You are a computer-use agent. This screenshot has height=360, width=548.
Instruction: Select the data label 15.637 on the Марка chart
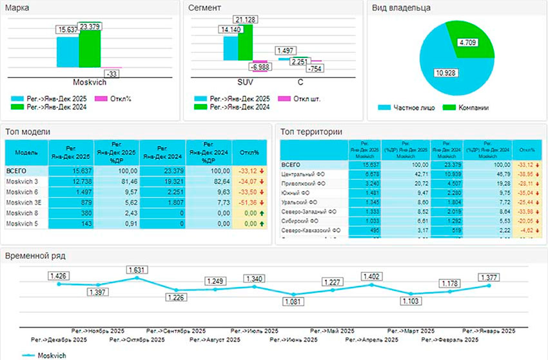pos(67,30)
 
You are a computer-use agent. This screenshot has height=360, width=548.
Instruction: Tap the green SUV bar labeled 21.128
pos(245,43)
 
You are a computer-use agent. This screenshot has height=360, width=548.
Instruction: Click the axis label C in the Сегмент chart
pos(300,83)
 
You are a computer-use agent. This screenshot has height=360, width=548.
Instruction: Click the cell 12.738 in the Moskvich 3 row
pos(71,182)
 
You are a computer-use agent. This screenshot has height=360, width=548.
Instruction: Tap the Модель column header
pos(26,154)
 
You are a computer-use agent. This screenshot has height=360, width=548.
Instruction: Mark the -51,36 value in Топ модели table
pos(248,203)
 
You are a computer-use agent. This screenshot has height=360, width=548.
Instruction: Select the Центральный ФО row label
pos(306,174)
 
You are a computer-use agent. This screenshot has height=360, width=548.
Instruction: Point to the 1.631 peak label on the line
pos(137,270)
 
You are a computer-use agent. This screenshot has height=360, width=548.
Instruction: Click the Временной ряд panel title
pos(35,255)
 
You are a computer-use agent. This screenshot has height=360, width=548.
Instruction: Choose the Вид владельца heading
pos(402,8)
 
